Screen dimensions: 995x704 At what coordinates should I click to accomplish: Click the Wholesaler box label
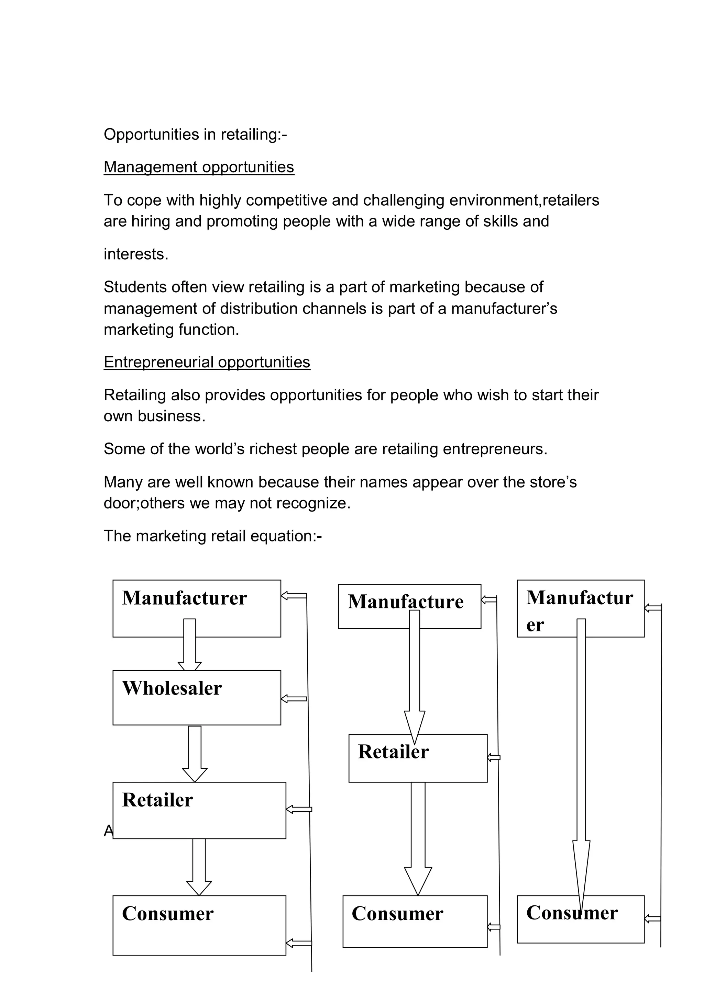pos(172,688)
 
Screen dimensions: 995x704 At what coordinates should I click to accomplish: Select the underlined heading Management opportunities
pos(199,167)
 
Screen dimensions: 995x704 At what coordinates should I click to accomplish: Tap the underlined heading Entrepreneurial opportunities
pos(207,362)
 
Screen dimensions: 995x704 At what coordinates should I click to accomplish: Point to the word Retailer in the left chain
pos(157,800)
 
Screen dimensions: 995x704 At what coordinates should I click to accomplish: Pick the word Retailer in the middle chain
pos(393,752)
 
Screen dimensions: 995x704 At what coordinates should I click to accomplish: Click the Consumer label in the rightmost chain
pos(572,913)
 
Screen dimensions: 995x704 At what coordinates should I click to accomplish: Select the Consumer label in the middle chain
pos(397,914)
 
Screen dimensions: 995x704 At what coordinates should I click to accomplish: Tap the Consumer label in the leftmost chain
pos(168,914)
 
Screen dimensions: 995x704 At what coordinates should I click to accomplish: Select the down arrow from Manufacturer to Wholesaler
pos(189,646)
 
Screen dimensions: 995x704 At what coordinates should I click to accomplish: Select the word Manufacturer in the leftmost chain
pos(184,598)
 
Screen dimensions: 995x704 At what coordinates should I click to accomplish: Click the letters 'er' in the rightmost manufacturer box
pos(535,625)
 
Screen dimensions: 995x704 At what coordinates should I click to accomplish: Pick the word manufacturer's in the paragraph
pos(504,309)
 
